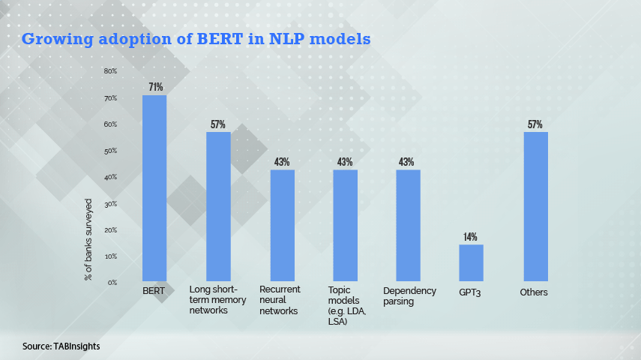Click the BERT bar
click(x=154, y=187)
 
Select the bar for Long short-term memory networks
click(x=218, y=206)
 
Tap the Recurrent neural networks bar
click(x=282, y=225)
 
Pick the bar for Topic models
click(x=345, y=225)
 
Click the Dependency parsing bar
click(x=408, y=225)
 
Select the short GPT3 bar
click(x=471, y=262)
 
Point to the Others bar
click(x=535, y=206)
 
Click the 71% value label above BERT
click(x=155, y=87)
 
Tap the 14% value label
click(x=470, y=237)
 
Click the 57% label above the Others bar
click(x=535, y=124)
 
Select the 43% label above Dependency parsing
click(x=408, y=162)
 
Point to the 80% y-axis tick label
click(x=110, y=71)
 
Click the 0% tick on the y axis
click(x=112, y=283)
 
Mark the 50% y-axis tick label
click(x=110, y=151)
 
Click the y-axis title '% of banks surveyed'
click(x=88, y=239)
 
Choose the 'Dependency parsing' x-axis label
click(x=409, y=295)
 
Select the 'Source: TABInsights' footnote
click(x=61, y=346)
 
